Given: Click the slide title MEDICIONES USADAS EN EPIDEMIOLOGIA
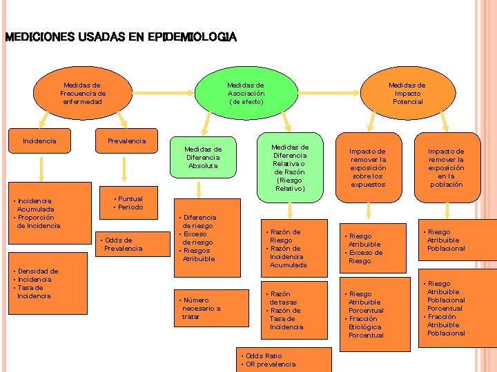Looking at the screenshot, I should tap(120, 37).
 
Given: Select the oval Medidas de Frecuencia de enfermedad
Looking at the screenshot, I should tap(83, 93).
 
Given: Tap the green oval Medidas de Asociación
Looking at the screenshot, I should tap(246, 93).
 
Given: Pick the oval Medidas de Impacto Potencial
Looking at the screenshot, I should tap(407, 93).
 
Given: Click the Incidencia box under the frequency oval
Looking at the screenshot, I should tap(40, 141).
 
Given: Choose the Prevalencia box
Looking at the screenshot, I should tap(127, 141).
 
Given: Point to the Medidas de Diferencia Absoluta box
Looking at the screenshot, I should tap(203, 157).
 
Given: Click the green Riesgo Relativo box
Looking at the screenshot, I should tap(290, 167).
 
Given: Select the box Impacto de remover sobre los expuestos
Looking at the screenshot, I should tap(368, 167).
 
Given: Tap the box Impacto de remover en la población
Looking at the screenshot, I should tap(446, 167).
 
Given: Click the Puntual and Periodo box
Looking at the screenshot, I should tap(129, 203).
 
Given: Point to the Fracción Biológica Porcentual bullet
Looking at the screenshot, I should tap(366, 327).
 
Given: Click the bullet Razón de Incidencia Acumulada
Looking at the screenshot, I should tap(287, 256).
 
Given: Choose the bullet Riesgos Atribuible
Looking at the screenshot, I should tap(199, 254).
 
